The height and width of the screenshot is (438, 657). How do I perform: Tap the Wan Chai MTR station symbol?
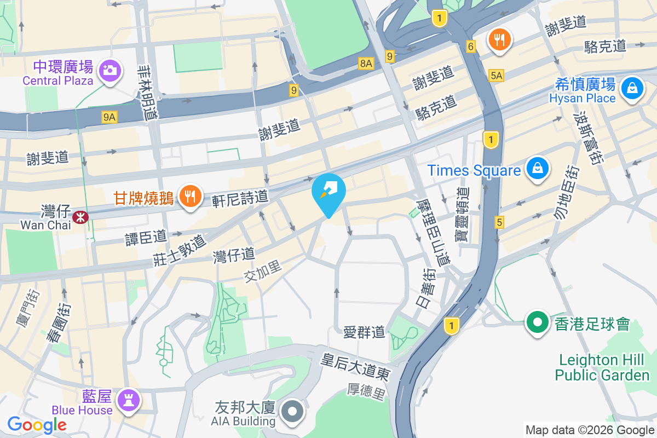81,217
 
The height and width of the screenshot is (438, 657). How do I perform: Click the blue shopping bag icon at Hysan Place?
632,87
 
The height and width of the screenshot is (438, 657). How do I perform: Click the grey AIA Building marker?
292,411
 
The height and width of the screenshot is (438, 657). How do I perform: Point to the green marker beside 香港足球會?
538,321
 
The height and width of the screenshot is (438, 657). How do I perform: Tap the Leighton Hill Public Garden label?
602,367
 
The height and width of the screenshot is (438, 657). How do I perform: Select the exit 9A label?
109,117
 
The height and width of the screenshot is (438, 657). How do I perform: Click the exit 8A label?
366,64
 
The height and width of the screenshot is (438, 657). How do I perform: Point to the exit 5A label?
496,76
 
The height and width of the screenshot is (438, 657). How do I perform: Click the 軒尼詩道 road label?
240,197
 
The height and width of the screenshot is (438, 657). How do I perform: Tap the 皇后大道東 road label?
355,367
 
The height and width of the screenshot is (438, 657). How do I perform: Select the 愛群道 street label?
364,331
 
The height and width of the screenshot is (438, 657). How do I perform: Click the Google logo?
37,425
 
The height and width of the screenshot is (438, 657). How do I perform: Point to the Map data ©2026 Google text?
590,430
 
